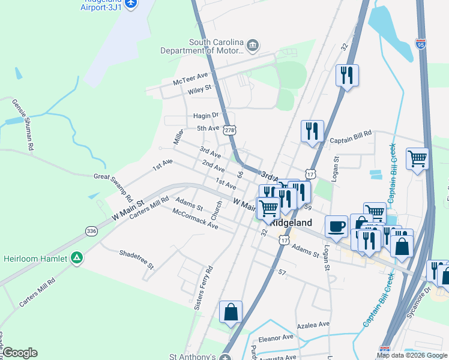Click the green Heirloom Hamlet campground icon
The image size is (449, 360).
point(77,258)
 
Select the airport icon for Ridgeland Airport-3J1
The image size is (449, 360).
point(131,4)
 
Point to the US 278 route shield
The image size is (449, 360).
point(229,130)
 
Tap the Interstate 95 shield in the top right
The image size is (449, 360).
point(421,44)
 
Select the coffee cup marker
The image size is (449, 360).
point(336,227)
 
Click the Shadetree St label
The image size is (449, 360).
point(136,258)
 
